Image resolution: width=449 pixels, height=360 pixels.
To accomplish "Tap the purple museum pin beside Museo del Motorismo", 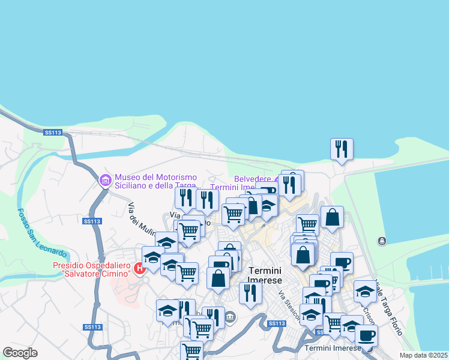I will (x=106, y=180).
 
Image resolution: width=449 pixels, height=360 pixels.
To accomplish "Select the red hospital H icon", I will (x=139, y=268).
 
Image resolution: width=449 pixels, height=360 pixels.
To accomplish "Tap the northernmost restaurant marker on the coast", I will (x=342, y=149).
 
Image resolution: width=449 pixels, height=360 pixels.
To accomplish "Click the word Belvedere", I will (x=252, y=179).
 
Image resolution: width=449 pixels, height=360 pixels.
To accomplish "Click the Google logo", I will (x=20, y=352).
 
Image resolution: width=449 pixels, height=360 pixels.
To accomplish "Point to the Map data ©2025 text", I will (x=423, y=355).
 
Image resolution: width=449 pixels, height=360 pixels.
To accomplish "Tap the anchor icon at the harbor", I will (x=382, y=241).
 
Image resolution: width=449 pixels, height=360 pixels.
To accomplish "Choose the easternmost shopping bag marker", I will (x=332, y=217).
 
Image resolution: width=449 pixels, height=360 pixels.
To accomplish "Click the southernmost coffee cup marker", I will (x=366, y=336).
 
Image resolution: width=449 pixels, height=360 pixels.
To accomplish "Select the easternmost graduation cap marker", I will (x=365, y=291).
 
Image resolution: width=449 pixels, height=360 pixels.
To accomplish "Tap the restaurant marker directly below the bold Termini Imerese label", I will (x=250, y=293).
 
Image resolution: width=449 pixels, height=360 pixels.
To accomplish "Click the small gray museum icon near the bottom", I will (x=230, y=316).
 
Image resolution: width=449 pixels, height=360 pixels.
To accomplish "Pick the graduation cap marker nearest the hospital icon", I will (x=153, y=257).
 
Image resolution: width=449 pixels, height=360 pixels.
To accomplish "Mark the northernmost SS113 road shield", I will (x=53, y=133).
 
